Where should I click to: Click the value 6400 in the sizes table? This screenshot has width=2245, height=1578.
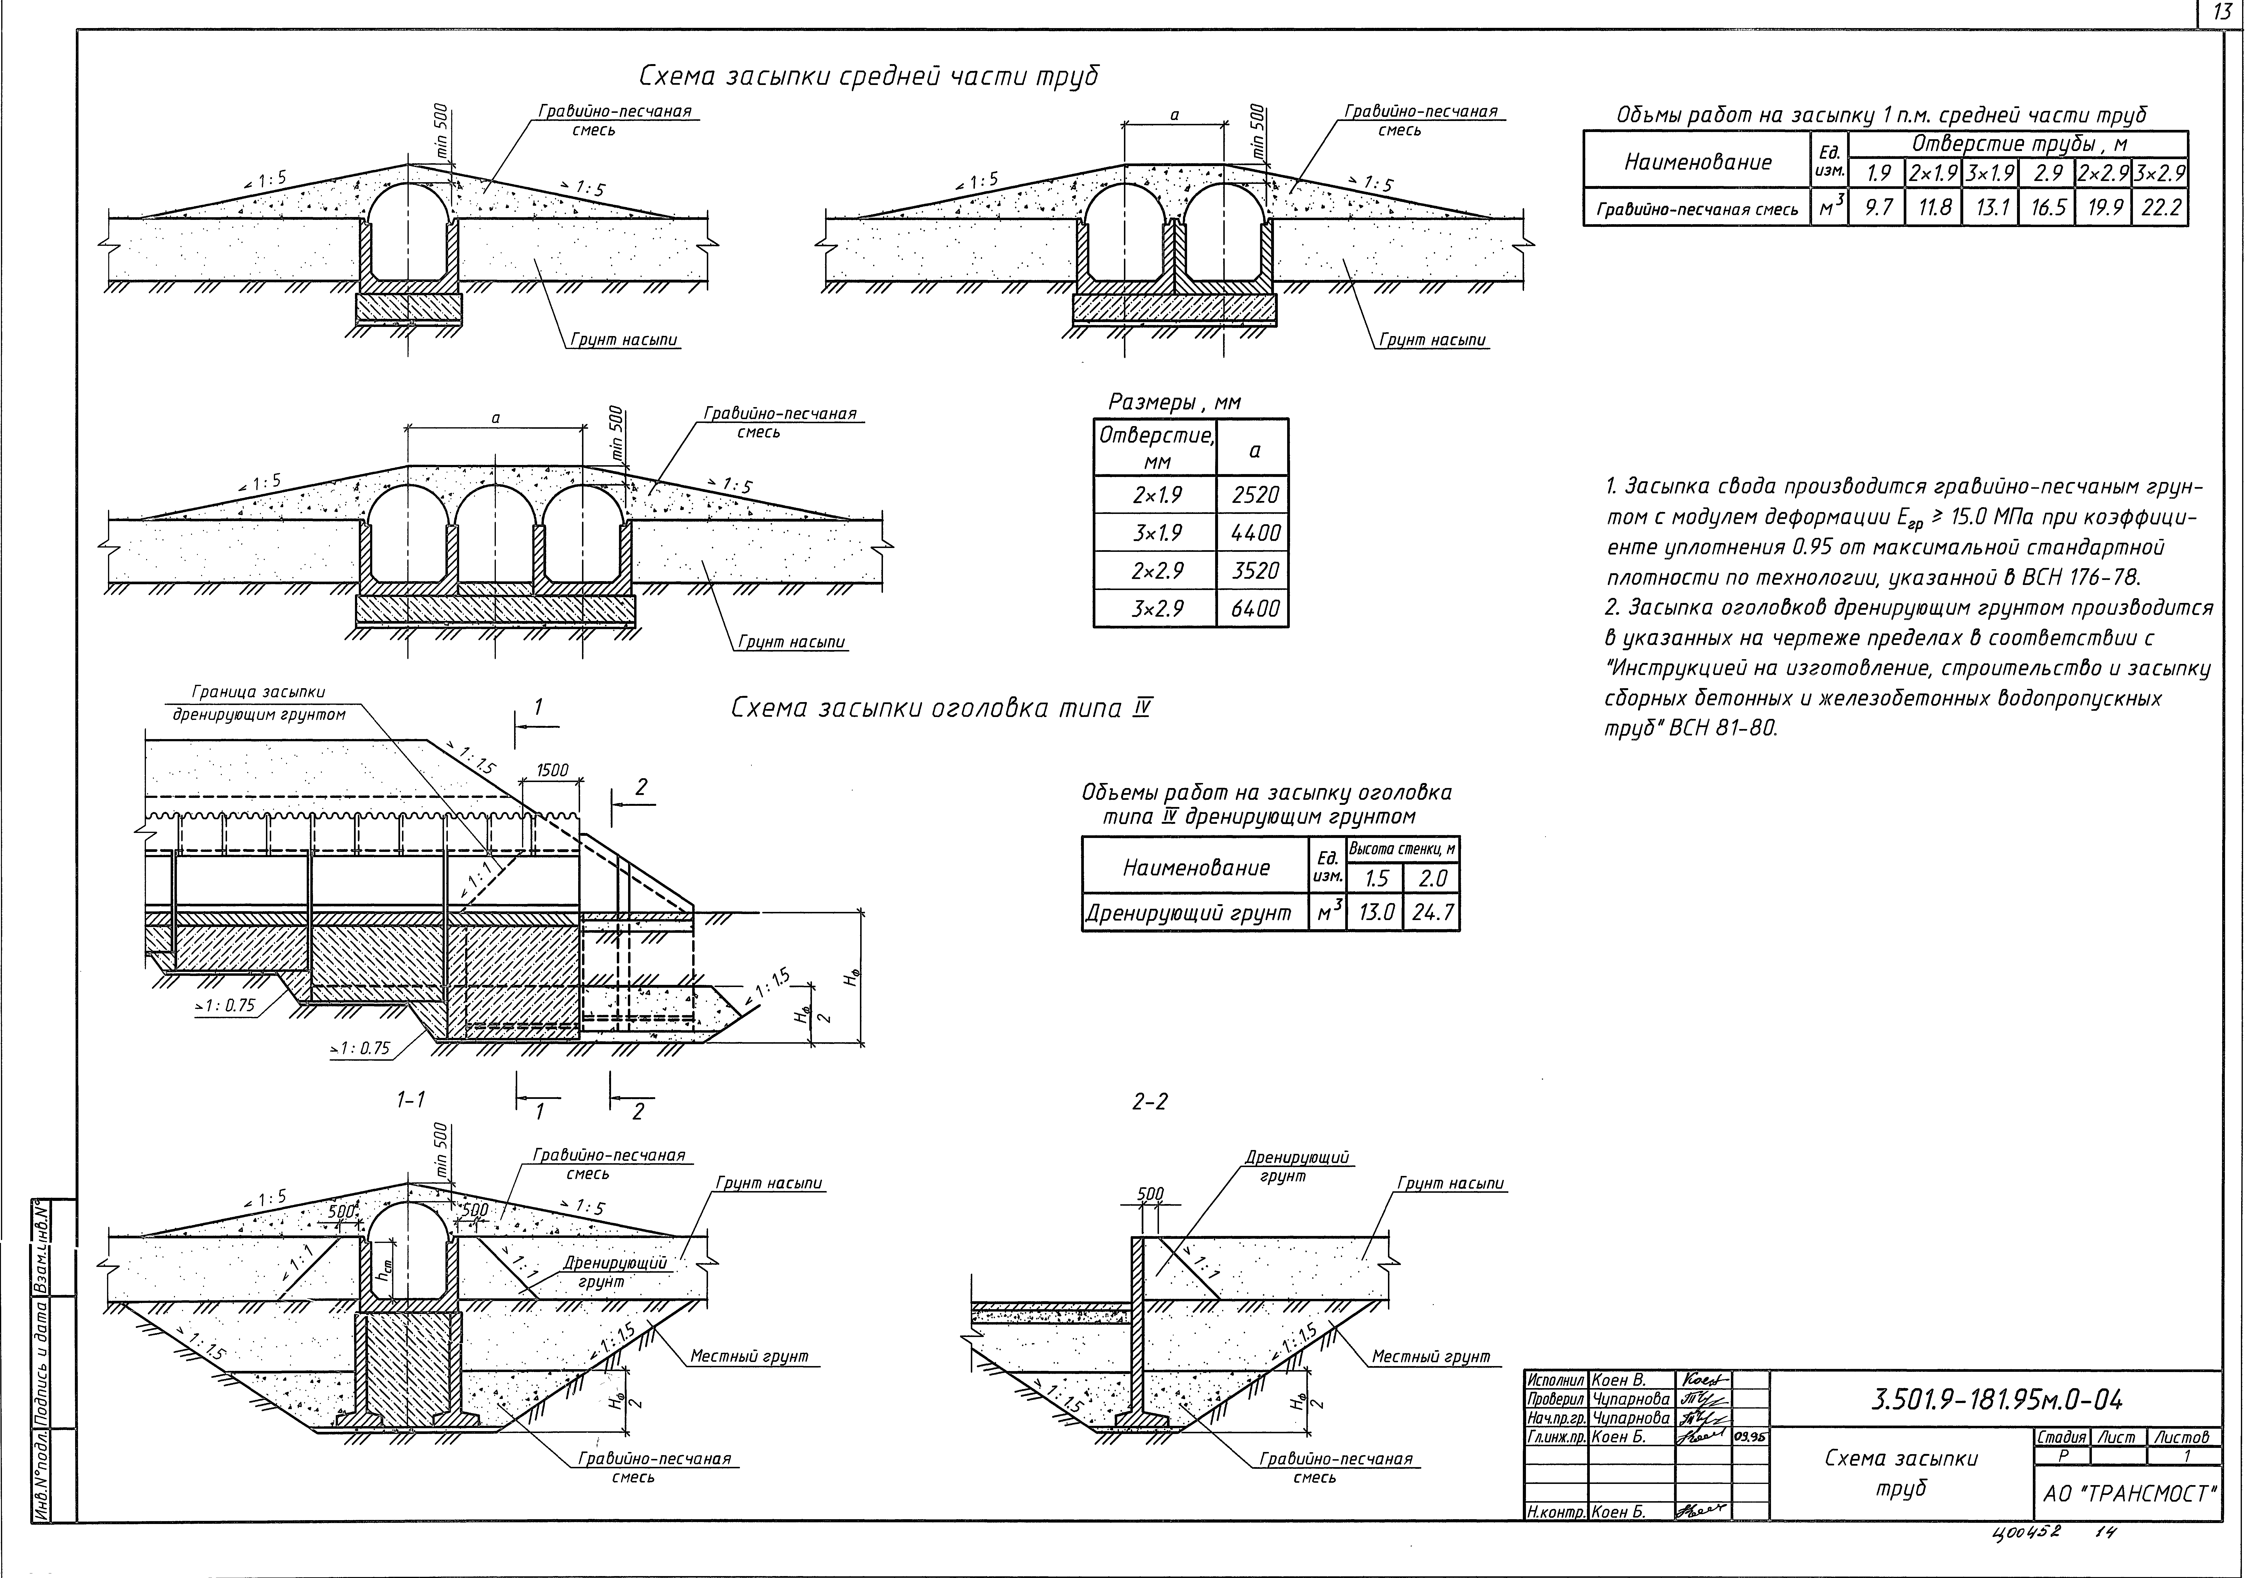pos(1254,608)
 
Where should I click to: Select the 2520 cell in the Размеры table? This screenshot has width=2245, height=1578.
pos(1254,495)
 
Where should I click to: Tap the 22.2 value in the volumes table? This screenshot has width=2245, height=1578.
pos(2160,207)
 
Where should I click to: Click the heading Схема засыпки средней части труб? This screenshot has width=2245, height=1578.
pos(868,76)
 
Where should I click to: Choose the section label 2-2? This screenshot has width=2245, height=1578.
pos(1149,1102)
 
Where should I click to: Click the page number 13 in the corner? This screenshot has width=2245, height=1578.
pos(2223,14)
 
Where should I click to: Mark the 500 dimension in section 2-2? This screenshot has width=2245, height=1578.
pos(1151,1194)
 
